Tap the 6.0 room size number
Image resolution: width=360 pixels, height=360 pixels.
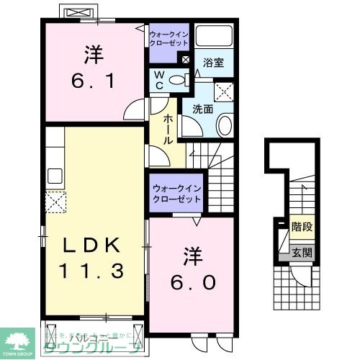click(193, 281)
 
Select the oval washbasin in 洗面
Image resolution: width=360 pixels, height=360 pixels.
click(223, 127)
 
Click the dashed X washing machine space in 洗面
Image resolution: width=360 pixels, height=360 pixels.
click(225, 91)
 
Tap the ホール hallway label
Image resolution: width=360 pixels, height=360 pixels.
click(168, 129)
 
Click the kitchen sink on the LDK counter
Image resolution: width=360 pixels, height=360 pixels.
click(55, 175)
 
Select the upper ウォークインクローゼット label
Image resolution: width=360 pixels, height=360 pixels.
click(169, 37)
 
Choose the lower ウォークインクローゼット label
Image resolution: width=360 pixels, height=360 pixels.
click(176, 194)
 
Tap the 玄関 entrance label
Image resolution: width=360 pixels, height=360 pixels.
click(302, 252)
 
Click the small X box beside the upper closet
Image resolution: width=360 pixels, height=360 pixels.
click(186, 60)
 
